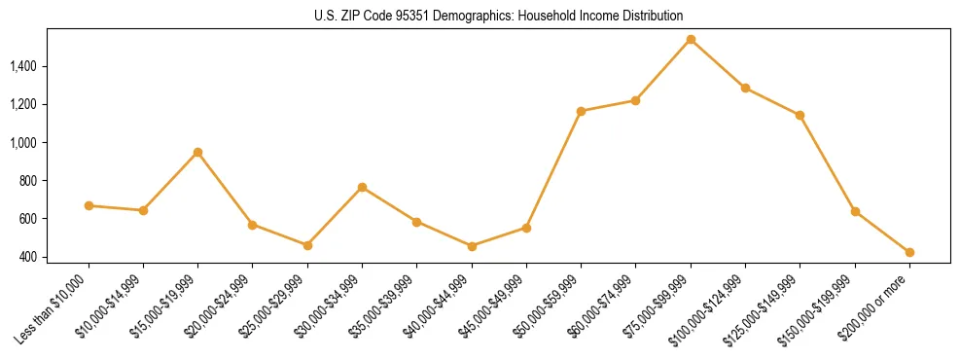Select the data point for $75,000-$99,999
(x=691, y=40)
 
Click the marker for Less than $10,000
(x=89, y=205)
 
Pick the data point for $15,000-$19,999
(x=197, y=152)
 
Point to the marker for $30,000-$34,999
(x=362, y=187)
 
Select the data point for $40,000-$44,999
(x=472, y=246)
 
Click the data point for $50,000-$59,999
(x=581, y=111)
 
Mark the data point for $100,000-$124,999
(x=745, y=88)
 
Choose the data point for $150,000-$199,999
(x=855, y=211)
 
